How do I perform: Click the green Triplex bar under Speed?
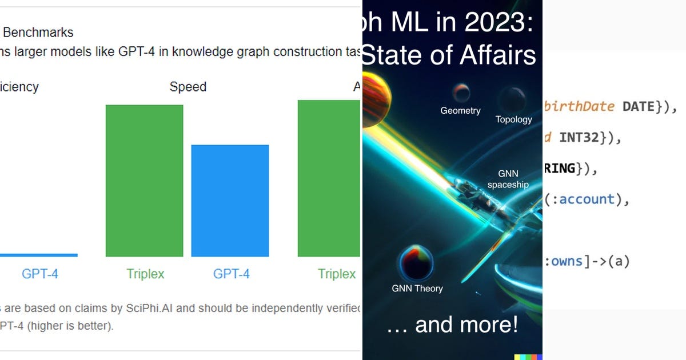point(144,181)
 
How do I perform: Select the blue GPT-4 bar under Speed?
point(230,201)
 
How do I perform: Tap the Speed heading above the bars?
point(188,87)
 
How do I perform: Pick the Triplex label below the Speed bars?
point(145,274)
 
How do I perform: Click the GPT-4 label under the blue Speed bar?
point(231,274)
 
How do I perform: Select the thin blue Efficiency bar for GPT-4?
point(38,255)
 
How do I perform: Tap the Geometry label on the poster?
point(460,111)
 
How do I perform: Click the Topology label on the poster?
point(513,119)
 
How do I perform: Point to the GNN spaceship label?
point(508,179)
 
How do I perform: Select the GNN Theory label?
point(417,289)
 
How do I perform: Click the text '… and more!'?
point(452,325)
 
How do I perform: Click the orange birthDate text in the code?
point(580,106)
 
